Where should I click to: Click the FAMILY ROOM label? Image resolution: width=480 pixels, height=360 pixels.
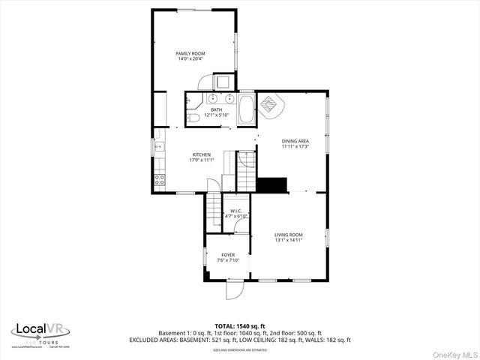pos(190,53)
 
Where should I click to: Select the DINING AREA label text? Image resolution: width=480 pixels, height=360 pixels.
pos(295,140)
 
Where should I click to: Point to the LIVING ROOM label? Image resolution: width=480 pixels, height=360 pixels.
pos(288,235)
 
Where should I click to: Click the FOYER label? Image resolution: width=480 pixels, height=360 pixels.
pos(227,255)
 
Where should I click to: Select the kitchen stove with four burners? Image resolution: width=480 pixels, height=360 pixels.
pos(159,179)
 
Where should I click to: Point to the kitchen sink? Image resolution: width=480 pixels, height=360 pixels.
pos(159,146)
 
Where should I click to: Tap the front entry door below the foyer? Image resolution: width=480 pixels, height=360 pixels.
pos(234,289)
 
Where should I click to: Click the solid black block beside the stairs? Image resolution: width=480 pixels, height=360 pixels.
pos(272,184)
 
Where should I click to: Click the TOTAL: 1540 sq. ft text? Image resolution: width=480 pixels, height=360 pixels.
pos(239,326)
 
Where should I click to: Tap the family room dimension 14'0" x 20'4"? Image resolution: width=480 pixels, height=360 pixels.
pos(190,59)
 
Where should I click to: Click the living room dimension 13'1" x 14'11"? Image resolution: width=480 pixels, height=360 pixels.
pos(288,240)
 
